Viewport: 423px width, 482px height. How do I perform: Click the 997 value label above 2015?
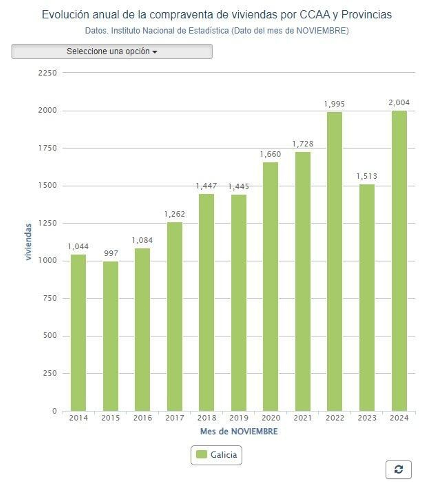[111, 253]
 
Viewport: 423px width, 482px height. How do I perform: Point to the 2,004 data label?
[399, 103]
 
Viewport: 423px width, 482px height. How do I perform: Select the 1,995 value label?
[334, 104]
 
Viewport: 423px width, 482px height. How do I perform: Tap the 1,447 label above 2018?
[206, 186]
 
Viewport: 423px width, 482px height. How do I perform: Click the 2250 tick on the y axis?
[48, 73]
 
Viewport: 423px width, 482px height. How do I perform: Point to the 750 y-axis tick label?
[50, 298]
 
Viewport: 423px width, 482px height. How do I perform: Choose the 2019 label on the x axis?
[239, 418]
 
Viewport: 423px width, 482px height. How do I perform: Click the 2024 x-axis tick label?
[399, 418]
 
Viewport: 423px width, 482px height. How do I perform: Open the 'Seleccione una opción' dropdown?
[112, 51]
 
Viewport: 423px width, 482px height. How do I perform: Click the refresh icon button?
[398, 469]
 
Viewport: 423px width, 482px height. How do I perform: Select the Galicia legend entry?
[216, 455]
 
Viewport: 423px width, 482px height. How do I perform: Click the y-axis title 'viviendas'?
[28, 242]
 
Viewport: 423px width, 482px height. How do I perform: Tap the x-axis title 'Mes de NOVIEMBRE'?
[239, 432]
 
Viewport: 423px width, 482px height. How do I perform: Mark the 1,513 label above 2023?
[366, 176]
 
